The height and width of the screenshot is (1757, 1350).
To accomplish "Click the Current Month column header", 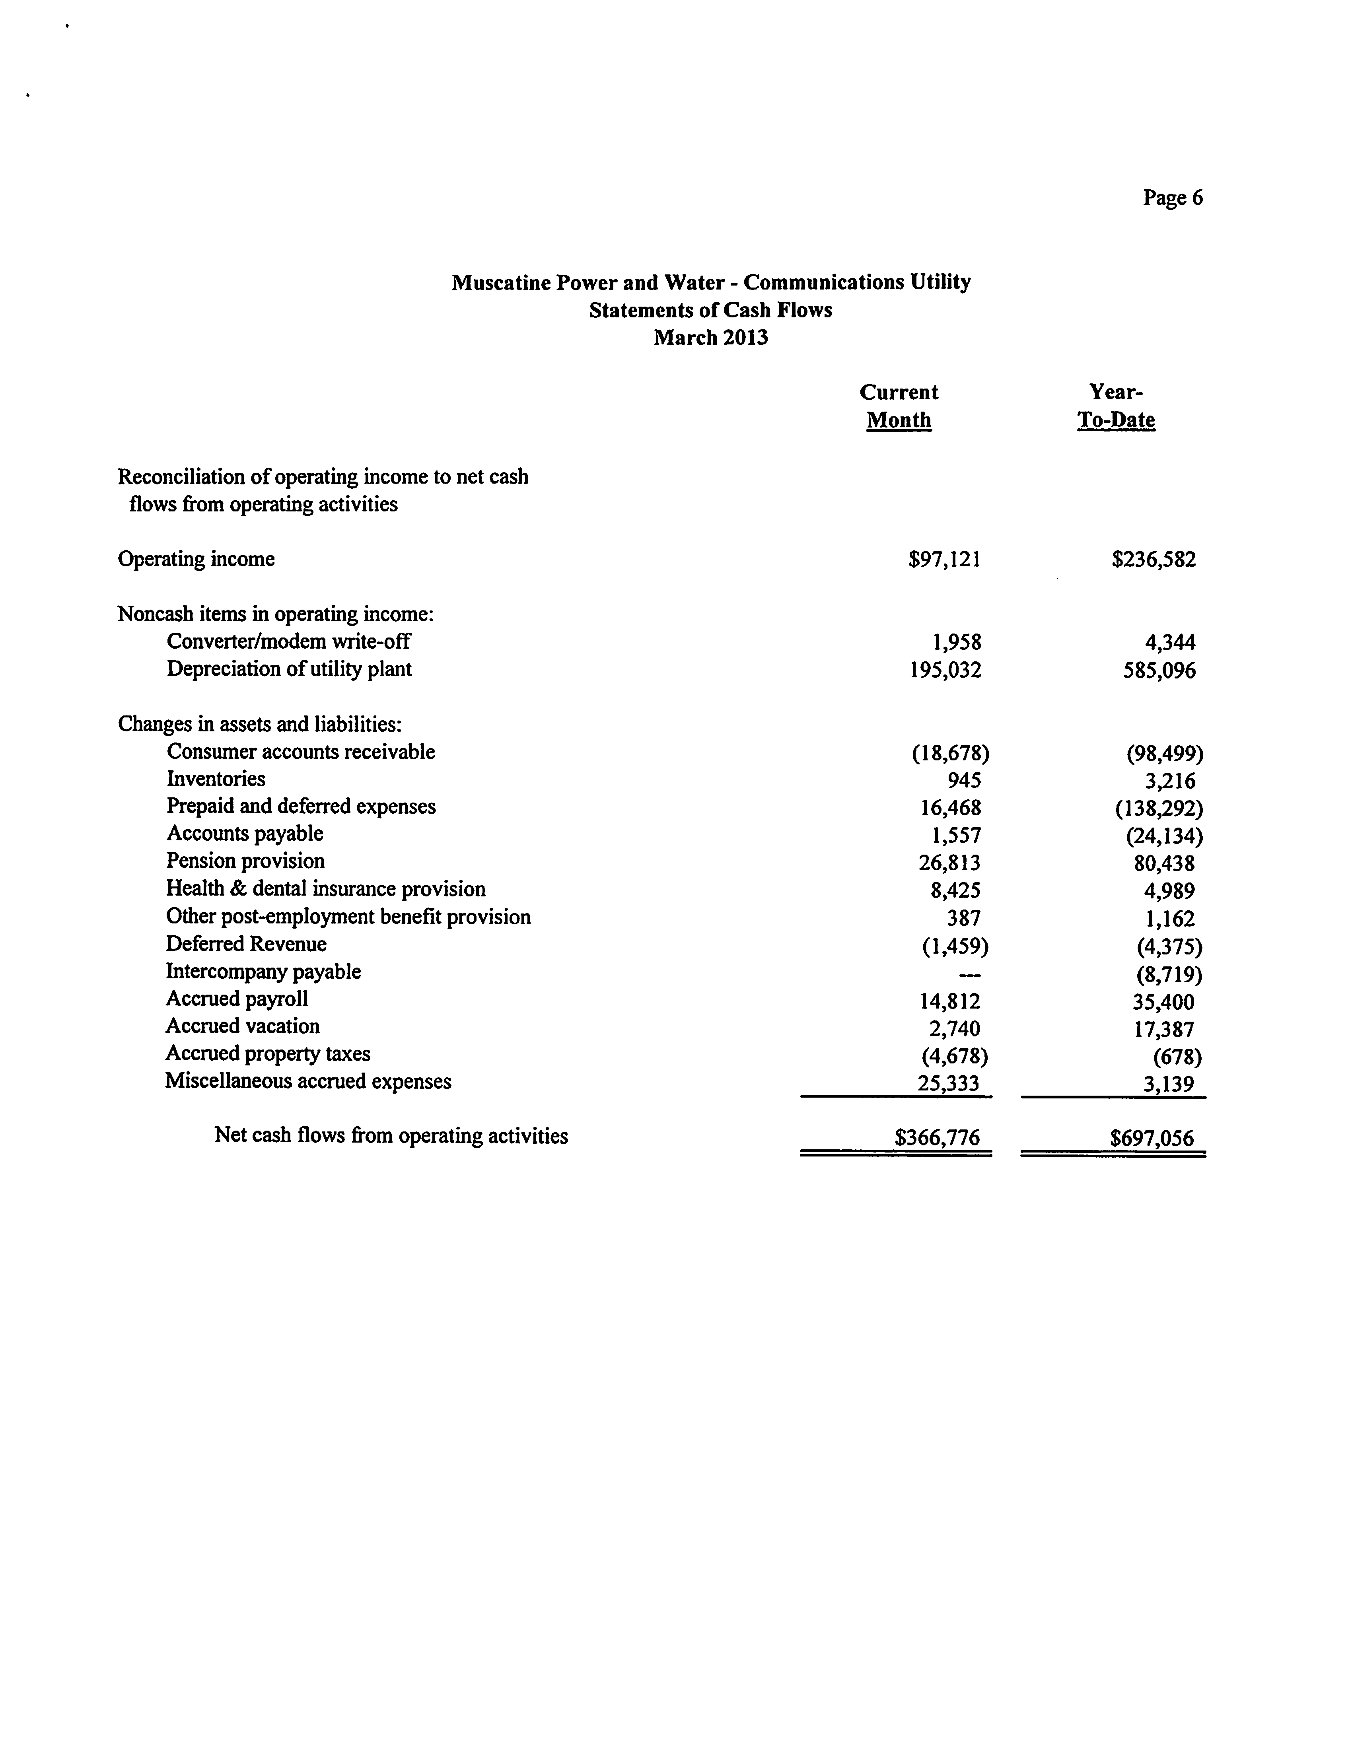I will tap(899, 406).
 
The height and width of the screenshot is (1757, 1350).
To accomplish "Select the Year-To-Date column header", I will tap(1116, 406).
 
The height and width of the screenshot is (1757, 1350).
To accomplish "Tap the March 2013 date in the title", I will tap(710, 337).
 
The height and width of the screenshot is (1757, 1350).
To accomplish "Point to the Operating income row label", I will tap(196, 559).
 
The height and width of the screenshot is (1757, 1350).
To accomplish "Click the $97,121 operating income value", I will tap(944, 559).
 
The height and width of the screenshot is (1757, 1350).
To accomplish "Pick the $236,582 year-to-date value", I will tap(1154, 559).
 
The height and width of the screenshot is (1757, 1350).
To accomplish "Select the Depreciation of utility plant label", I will tap(289, 669).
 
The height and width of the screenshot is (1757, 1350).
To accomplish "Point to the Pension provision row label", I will tap(245, 861).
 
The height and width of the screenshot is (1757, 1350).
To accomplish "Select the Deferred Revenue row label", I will tap(246, 944).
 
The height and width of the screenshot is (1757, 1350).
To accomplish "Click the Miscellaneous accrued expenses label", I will tap(309, 1081).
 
